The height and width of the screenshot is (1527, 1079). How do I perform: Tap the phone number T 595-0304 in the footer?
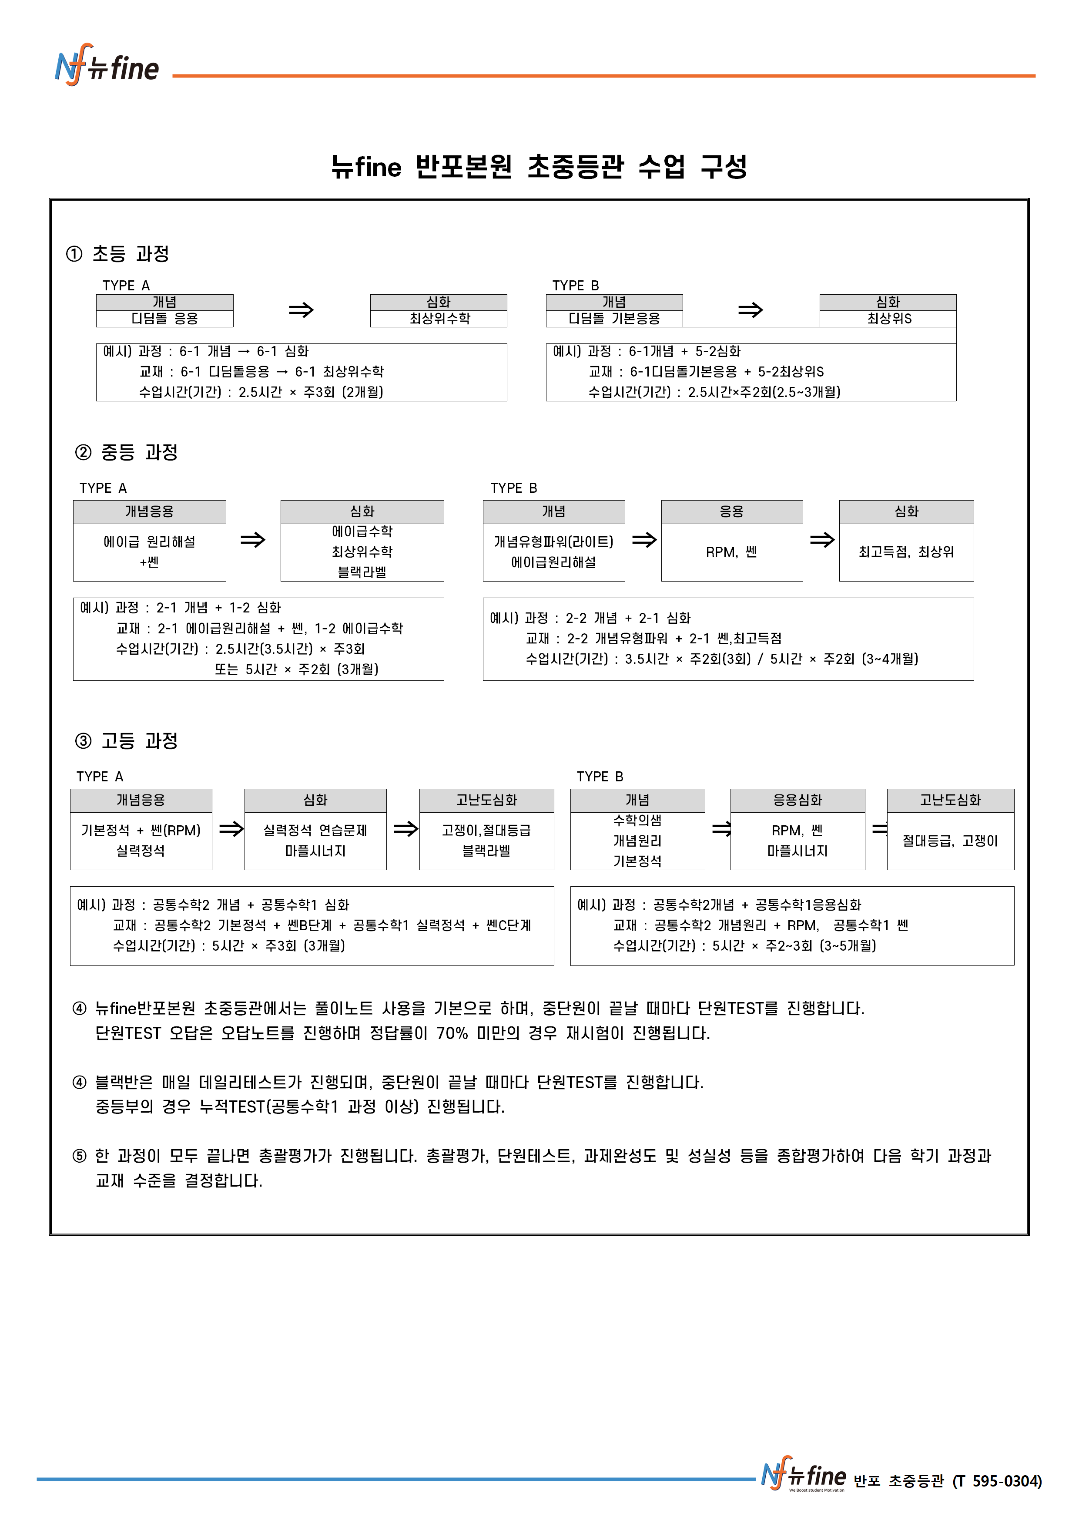tap(997, 1481)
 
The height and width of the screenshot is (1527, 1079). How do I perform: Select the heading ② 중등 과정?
tap(126, 452)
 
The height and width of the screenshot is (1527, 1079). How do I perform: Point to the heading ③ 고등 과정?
tap(126, 740)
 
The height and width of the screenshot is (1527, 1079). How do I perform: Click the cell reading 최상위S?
tap(888, 319)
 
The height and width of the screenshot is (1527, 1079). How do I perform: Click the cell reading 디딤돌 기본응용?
tap(613, 319)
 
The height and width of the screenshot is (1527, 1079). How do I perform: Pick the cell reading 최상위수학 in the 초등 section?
tap(439, 319)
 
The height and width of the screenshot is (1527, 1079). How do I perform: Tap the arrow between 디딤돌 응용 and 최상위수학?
tap(301, 310)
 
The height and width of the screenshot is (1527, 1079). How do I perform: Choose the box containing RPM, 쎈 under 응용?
tap(731, 552)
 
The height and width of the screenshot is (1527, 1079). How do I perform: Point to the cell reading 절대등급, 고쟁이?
tap(950, 841)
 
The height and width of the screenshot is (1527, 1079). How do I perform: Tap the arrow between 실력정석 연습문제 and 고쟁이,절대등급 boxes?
tap(405, 829)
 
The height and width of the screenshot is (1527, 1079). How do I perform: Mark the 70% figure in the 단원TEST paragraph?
tap(452, 1033)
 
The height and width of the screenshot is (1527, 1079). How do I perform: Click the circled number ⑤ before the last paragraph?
tap(80, 1156)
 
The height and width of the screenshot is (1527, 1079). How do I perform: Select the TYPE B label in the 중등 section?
tap(513, 488)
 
